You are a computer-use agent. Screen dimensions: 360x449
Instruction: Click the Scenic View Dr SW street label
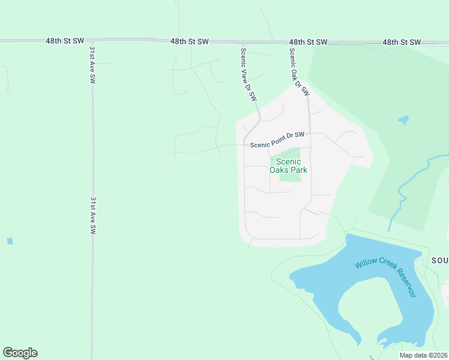(x=249, y=74)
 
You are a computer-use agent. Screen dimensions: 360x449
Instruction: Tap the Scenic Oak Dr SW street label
(x=298, y=72)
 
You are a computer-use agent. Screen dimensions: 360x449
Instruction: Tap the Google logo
(x=20, y=353)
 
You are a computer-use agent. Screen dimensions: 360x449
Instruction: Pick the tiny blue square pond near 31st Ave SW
(x=10, y=241)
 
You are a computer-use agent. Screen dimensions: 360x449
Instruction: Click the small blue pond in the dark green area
(x=403, y=120)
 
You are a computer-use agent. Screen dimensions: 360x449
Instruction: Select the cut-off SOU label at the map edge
(x=439, y=260)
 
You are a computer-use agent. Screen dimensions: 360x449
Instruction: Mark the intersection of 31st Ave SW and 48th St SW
(x=92, y=41)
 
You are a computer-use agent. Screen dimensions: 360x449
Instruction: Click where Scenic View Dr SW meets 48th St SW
(x=243, y=42)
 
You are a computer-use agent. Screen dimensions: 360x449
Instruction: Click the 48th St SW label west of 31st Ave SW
(x=64, y=41)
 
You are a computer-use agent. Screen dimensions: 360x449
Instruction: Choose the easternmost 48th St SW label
(x=403, y=42)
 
